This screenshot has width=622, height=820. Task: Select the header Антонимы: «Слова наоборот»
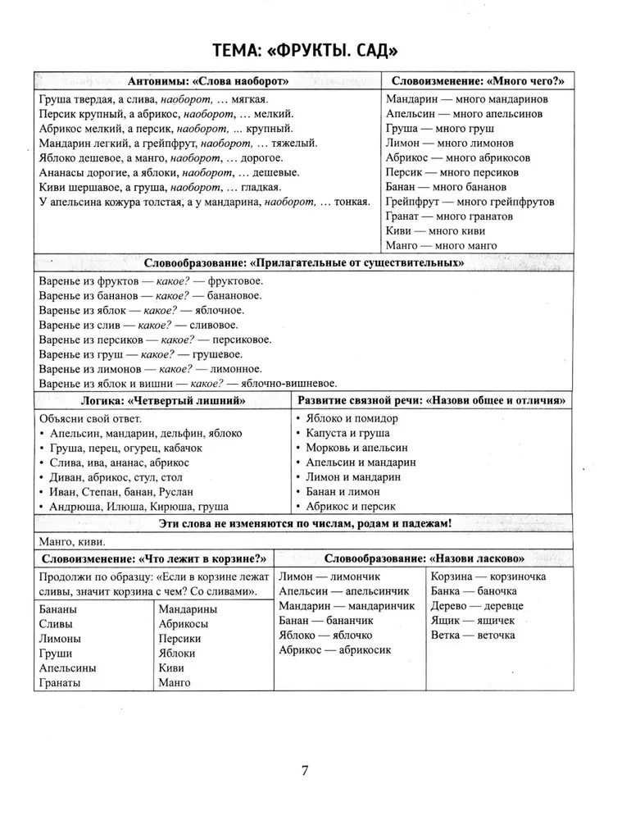[209, 81]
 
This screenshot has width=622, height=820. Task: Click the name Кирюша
[168, 507]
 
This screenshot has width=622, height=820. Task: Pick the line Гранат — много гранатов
[449, 216]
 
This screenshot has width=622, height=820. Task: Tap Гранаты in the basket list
[59, 683]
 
